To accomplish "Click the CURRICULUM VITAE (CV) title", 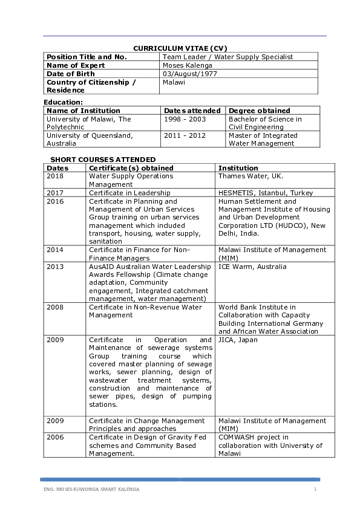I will (180, 48).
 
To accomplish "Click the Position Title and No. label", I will (87, 57).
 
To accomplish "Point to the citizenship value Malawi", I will (174, 82).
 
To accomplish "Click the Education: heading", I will (63, 103).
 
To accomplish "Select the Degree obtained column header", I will (259, 111).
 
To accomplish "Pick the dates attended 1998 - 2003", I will (185, 119).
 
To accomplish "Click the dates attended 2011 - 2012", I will (185, 135).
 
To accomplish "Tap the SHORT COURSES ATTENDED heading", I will (94, 160).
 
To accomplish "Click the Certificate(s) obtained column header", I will (131, 168).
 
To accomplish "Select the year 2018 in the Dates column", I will (55, 177).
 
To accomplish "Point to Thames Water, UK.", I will (250, 177).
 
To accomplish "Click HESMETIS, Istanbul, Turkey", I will (266, 193).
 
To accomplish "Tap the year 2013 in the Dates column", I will (55, 267).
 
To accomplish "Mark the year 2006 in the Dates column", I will (55, 437).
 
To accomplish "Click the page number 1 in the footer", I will (315, 488).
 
